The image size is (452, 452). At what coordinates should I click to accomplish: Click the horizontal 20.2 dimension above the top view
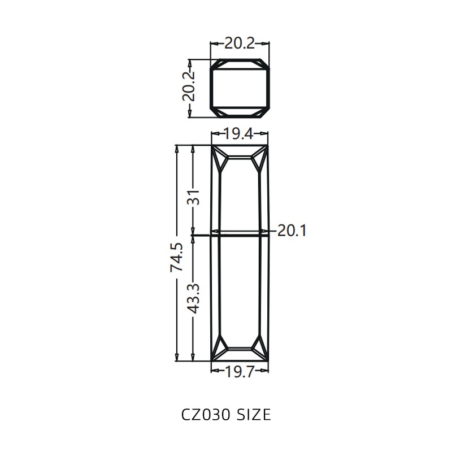(x=240, y=43)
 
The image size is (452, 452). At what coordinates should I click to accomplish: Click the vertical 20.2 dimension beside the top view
(x=189, y=85)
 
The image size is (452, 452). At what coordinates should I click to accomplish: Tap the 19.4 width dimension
(x=240, y=134)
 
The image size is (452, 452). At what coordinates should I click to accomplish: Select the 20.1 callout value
(x=292, y=231)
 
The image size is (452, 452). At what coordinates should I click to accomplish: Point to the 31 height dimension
(x=194, y=197)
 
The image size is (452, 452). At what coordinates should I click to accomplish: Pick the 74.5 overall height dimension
(x=176, y=257)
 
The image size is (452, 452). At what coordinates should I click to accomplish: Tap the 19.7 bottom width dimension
(x=240, y=371)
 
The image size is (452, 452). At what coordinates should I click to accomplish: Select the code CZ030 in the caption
(x=205, y=415)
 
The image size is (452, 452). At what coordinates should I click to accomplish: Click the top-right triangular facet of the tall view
(x=260, y=160)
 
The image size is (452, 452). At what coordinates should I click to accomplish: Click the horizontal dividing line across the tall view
(x=240, y=232)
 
